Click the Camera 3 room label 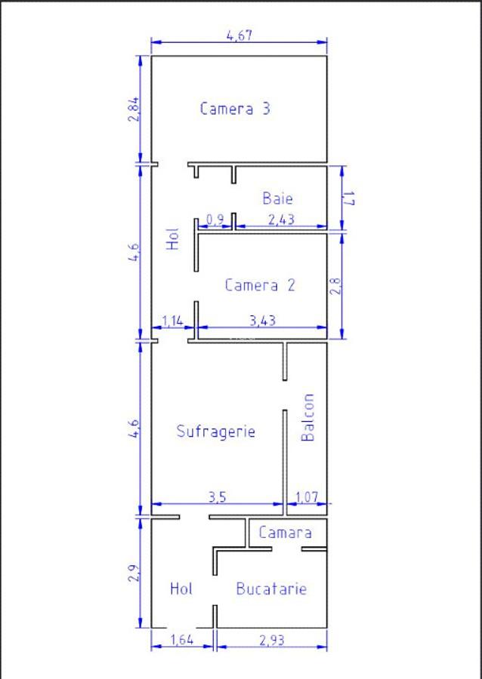tap(235, 108)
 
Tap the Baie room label tap(277, 198)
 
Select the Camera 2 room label tap(260, 285)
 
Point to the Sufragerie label tap(215, 432)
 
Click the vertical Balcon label tap(307, 417)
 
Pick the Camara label tap(285, 532)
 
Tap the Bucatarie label tap(271, 588)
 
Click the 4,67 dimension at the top tap(239, 35)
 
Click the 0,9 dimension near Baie tap(215, 220)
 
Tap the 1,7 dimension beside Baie tap(350, 198)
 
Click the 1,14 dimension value tap(172, 321)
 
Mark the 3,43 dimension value tap(261, 321)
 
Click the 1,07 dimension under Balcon tap(307, 497)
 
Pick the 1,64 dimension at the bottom tap(181, 641)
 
